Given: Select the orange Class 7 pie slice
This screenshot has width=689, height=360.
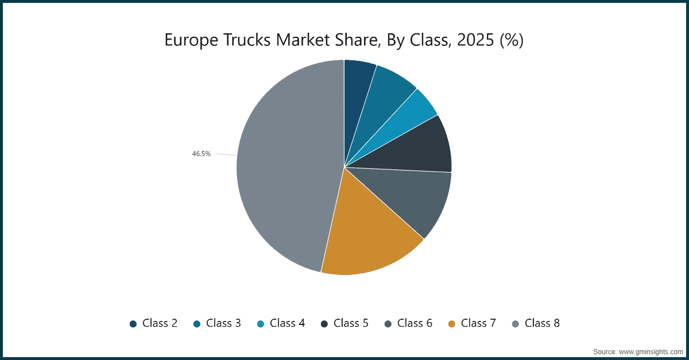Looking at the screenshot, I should tap(367, 235).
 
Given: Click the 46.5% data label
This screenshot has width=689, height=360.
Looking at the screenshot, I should tap(201, 154).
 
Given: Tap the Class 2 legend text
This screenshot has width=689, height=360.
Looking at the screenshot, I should tap(160, 323).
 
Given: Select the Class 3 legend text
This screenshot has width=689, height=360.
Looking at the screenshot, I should tap(223, 323).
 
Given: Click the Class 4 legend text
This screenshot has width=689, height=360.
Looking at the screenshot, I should tap(287, 323).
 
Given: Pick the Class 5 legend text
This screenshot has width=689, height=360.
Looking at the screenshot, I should tap(351, 323).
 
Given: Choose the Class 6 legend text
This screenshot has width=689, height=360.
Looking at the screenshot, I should tap(415, 323).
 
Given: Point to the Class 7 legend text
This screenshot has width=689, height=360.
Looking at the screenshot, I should tap(478, 323).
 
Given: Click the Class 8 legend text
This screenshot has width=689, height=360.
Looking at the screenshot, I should tap(542, 323).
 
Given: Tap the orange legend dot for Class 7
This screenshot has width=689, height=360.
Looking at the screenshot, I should tap(451, 324).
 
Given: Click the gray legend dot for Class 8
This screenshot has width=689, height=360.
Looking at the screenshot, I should tap(515, 324).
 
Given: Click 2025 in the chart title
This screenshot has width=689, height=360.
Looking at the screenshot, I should tap(463, 40).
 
